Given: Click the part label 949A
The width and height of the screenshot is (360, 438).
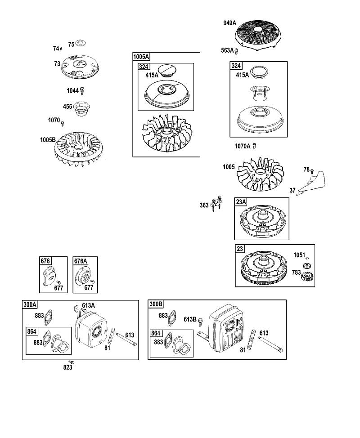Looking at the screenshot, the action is [229, 23].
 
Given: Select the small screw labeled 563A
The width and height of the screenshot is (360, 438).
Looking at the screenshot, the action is [236, 51].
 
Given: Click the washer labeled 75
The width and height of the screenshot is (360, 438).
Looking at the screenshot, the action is [81, 43].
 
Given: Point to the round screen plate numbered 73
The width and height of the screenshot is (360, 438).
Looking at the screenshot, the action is [80, 67].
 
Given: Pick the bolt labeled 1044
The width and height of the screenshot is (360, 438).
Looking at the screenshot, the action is [82, 91].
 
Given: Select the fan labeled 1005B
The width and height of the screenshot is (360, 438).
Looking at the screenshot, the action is [79, 149].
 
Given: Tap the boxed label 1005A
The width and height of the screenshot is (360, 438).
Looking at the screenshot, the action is [141, 57].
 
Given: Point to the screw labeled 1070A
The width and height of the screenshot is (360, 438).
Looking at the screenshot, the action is [254, 146].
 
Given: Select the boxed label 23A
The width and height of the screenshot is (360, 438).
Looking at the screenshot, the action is [241, 201].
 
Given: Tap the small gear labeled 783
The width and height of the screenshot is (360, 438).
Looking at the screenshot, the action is [307, 277].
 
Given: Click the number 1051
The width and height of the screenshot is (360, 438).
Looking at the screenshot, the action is [299, 255].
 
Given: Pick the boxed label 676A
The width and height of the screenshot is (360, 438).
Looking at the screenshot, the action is [81, 261].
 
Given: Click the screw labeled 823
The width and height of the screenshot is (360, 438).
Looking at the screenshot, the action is [72, 362].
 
